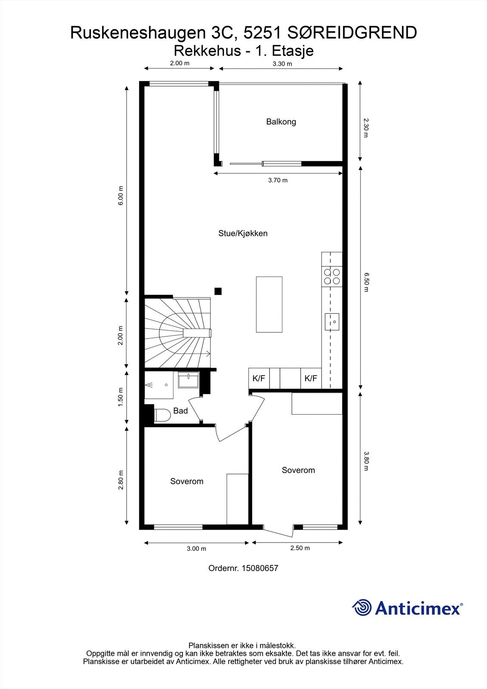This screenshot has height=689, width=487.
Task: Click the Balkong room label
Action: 281,122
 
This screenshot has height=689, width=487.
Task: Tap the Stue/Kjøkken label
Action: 243,233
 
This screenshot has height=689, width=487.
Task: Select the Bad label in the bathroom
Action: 180,411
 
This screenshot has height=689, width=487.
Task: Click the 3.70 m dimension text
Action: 278,180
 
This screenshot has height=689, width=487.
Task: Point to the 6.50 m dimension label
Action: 366,282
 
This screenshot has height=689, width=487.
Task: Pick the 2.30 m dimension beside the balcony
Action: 366,128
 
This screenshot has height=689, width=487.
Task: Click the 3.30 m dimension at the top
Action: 282,64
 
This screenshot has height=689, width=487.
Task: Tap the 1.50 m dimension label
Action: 120,397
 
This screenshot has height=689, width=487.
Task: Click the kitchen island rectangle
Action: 269,304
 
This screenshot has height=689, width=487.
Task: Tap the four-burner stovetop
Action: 332,276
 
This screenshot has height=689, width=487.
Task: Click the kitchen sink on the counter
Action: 332,322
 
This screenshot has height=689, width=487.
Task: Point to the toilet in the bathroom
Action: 162,415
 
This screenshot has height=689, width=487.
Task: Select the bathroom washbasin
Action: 188,380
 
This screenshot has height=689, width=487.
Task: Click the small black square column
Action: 218,291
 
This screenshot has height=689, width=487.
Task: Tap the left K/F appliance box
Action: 259,379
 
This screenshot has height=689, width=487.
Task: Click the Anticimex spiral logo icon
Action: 362,607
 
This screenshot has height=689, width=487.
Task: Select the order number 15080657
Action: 260,568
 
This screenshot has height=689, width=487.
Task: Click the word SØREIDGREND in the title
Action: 352,33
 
